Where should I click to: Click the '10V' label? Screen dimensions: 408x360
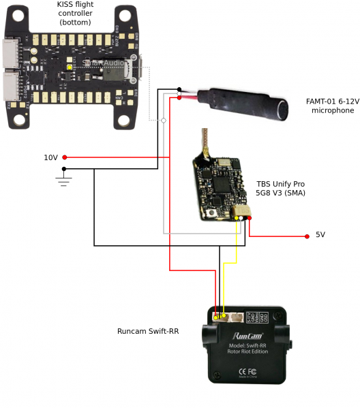(51, 157)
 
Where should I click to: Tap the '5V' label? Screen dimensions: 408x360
(320, 235)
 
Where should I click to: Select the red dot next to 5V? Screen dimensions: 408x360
(306, 236)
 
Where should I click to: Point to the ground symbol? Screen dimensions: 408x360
(64, 180)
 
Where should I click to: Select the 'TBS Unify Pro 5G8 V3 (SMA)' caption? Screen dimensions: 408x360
(280, 189)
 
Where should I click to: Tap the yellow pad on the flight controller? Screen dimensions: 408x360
(70, 67)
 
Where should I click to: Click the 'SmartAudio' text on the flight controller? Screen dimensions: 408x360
(104, 63)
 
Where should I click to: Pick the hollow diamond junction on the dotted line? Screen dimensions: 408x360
(163, 121)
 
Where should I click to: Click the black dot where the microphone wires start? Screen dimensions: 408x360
(179, 89)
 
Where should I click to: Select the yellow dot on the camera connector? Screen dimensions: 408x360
(216, 317)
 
